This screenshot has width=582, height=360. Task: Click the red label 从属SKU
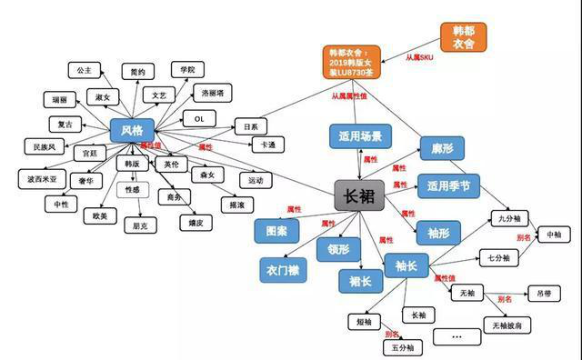[x=425, y=57]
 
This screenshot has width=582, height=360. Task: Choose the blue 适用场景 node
[x=361, y=137]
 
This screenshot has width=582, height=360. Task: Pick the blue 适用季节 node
[x=447, y=186]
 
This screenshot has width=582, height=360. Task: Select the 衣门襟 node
[x=284, y=270]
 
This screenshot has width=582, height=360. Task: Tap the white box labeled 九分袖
[x=507, y=218]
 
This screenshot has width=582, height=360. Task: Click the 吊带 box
[x=544, y=293]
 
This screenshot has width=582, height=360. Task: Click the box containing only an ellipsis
[x=456, y=335]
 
